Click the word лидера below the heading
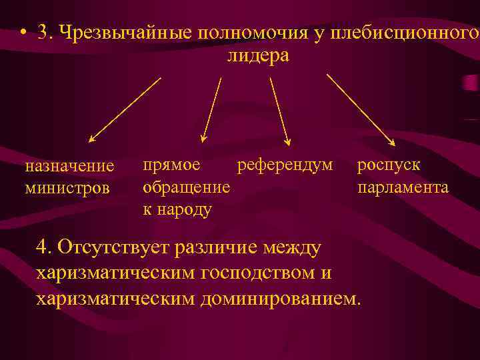[258, 55]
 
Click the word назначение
[69, 165]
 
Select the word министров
[67, 188]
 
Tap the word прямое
[171, 163]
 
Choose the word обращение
[187, 187]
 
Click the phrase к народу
[177, 209]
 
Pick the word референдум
[285, 163]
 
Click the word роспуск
[389, 164]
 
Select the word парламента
[403, 187]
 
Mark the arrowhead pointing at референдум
[288, 141]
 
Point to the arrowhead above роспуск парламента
[392, 141]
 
